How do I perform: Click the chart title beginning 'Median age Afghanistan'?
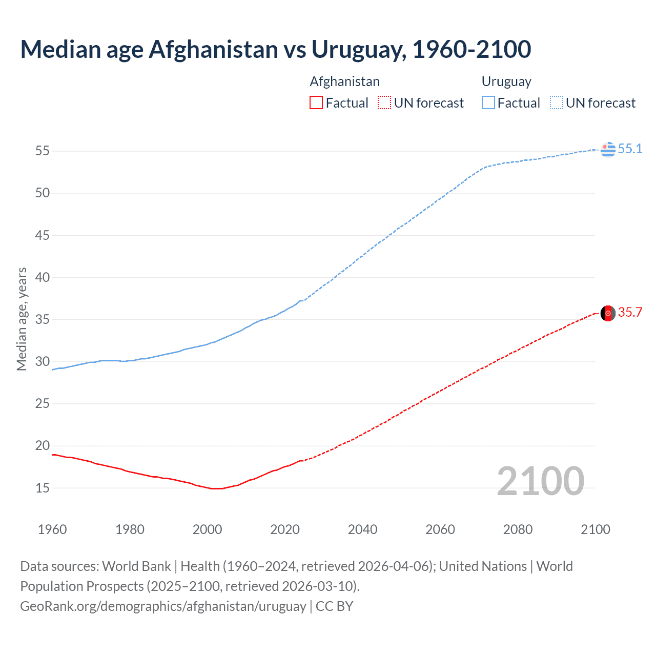coord(276,49)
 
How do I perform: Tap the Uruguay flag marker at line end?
coord(608,149)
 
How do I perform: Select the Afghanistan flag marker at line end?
coord(608,313)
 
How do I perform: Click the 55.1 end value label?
coord(630,149)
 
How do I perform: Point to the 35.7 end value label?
coord(630,313)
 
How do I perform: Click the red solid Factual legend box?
coord(316,103)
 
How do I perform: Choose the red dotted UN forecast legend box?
coord(384,103)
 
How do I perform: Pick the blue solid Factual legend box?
coord(488,103)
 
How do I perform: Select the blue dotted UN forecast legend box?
coord(557,103)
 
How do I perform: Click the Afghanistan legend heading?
coord(344,81)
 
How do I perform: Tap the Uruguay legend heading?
coord(506,81)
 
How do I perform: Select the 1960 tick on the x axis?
coord(52,529)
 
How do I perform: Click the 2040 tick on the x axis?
coord(362,529)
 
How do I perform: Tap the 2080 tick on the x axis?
coord(518,529)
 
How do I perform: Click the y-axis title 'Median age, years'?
coord(22,319)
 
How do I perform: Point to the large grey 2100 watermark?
coord(540,481)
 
